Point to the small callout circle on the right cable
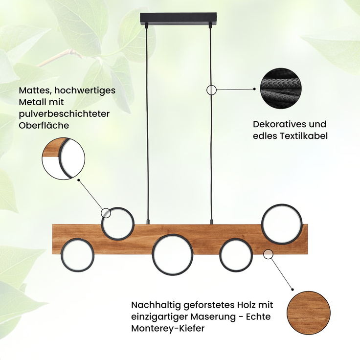(212, 90)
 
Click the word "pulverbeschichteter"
(64, 114)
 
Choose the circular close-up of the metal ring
(64, 158)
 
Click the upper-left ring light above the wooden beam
(117, 224)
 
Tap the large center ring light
(172, 254)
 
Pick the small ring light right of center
(236, 255)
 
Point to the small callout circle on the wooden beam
(268, 254)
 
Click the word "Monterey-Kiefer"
(168, 329)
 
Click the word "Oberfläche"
(44, 126)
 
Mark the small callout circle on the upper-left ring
(106, 213)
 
